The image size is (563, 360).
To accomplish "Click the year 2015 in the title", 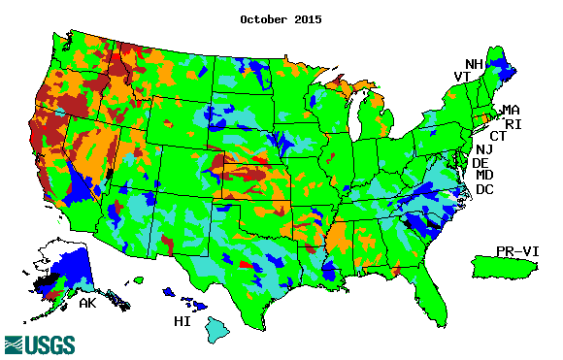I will point(308,18).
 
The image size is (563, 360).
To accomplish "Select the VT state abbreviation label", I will point(463,77).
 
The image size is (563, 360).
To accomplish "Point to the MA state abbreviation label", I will point(511,111).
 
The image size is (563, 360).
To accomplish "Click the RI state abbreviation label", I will point(514,124).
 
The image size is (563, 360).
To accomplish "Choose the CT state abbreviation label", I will point(498,136).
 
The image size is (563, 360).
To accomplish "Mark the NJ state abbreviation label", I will point(483,149).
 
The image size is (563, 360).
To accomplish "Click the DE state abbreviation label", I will point(480,163).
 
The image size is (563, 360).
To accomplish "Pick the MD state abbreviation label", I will point(484,176).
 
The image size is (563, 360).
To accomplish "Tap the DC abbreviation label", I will point(484,189).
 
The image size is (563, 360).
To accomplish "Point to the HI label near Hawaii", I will point(182,321).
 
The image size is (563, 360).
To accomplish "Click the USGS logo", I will point(42,344).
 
